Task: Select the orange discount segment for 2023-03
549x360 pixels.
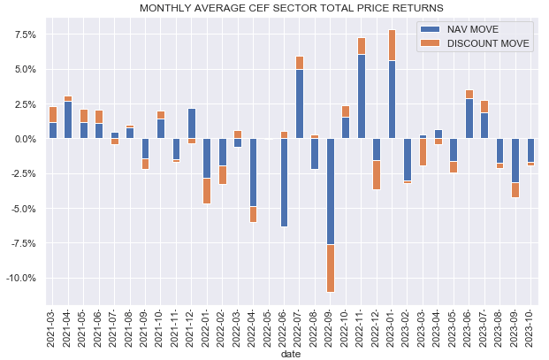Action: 423,152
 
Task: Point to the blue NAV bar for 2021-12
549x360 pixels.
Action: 192,124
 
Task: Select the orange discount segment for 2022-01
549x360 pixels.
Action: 207,191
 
